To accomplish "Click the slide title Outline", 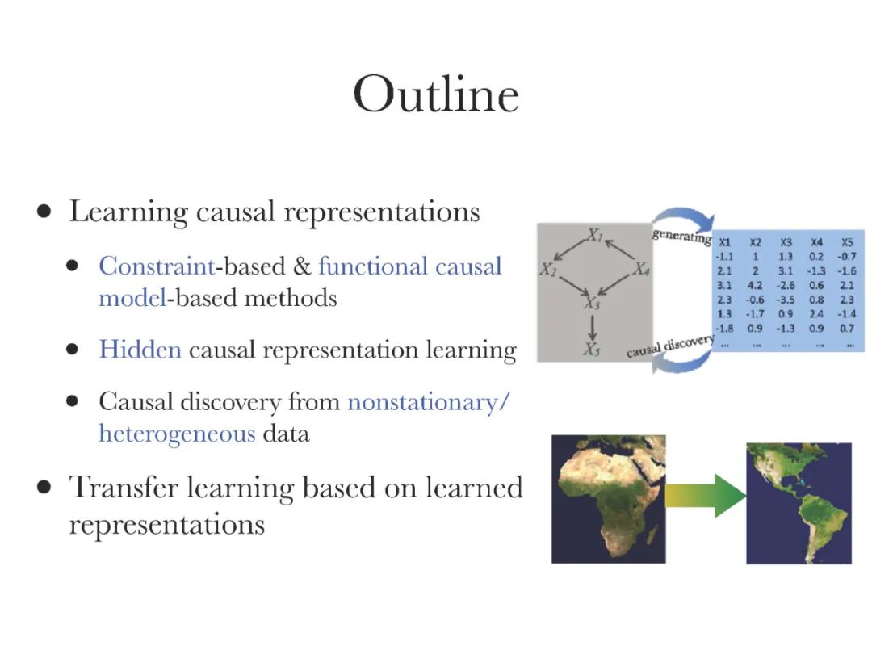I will click(x=436, y=95).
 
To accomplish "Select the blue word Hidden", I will click(x=140, y=350).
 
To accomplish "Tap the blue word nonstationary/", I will click(x=429, y=401).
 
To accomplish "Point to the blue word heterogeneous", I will click(x=177, y=434).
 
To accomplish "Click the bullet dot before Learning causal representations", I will click(x=45, y=212).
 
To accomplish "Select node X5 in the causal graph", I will click(x=593, y=350).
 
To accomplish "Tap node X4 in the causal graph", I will click(x=641, y=270).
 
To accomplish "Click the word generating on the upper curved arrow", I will click(x=682, y=236).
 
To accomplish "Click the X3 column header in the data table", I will click(x=786, y=241).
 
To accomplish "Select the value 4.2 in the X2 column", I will click(x=755, y=284).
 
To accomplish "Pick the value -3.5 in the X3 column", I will click(x=786, y=299).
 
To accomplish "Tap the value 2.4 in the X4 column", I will click(x=816, y=313).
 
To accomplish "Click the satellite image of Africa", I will click(x=608, y=498).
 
